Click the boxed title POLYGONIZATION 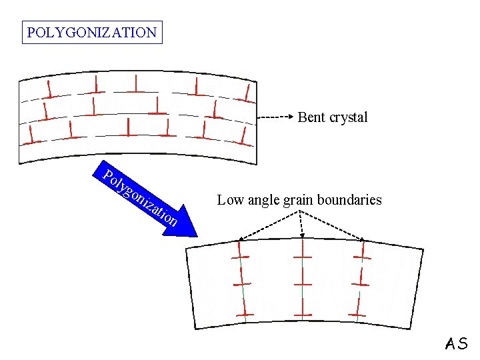point(92,32)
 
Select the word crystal point(348,118)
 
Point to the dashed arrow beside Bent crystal point(276,117)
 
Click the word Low point(229,199)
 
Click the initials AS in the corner point(457,344)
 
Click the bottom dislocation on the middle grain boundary point(303,312)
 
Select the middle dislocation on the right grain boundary point(360,281)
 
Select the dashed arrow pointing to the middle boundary point(301,224)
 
